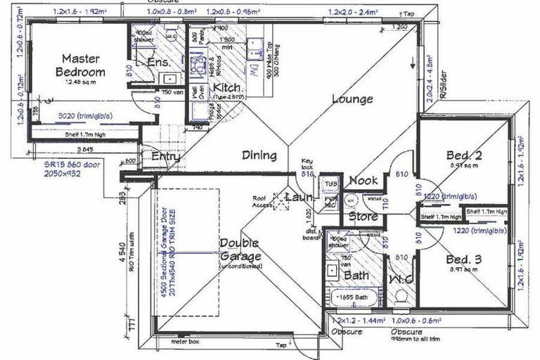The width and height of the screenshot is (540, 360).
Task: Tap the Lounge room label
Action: click(x=352, y=99)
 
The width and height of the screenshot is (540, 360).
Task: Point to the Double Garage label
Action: click(x=240, y=250)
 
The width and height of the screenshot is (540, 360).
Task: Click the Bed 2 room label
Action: click(x=463, y=155)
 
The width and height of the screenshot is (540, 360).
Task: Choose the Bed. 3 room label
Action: click(x=463, y=259)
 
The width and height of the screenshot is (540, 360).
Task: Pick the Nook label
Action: click(x=363, y=181)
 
